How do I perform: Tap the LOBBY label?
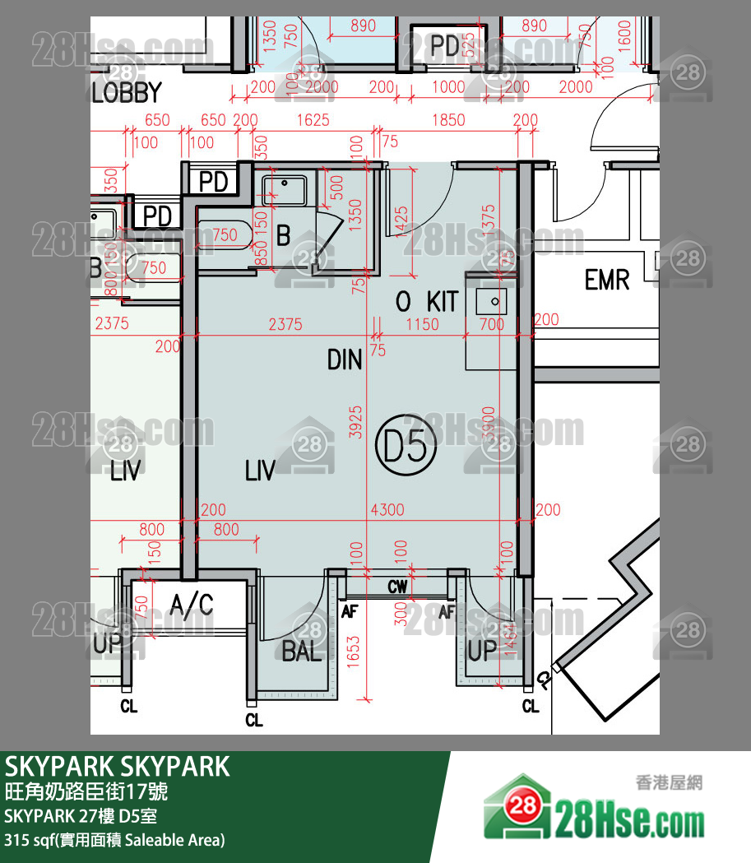point(126,91)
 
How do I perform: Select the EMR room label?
point(606,280)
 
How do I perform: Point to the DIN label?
point(345,360)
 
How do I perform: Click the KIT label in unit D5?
point(442,301)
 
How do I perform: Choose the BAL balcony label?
point(301,652)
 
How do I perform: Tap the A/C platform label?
point(192,606)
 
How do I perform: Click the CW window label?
point(398,587)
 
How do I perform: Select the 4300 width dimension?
point(387,510)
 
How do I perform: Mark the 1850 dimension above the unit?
point(448,120)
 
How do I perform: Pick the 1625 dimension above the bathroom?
point(313,120)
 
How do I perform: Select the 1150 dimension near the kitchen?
point(422,324)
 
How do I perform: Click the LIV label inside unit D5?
point(260,471)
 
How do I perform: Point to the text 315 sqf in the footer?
point(27,841)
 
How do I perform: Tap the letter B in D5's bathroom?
point(283,236)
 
